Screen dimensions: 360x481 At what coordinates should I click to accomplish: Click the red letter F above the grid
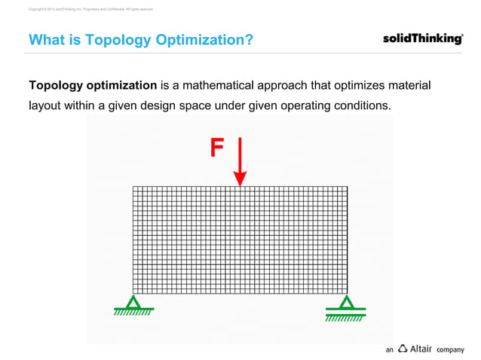click(x=216, y=148)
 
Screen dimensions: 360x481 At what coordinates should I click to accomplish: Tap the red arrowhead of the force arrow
click(x=240, y=178)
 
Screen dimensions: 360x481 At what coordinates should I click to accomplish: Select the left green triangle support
click(x=133, y=301)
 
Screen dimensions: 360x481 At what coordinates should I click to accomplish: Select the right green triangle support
click(x=346, y=301)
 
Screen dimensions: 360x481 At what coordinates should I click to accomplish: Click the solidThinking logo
click(x=422, y=39)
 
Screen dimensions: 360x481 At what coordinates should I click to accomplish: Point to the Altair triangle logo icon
click(x=403, y=349)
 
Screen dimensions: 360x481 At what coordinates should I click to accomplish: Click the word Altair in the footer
click(x=421, y=349)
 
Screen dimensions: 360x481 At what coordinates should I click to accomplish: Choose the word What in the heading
click(x=46, y=40)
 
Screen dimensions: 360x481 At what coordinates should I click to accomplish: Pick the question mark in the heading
click(x=249, y=40)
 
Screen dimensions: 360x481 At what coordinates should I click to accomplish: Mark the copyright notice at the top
click(x=90, y=9)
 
